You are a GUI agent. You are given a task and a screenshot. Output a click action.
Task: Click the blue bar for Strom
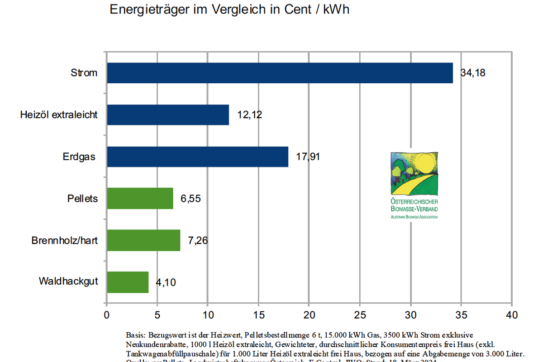280,73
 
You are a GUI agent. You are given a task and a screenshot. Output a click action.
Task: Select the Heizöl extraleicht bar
168,115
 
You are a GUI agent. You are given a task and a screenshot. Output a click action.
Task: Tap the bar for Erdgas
197,157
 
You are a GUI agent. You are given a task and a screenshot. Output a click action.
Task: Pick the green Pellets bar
140,198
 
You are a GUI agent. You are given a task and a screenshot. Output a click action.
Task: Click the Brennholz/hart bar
143,240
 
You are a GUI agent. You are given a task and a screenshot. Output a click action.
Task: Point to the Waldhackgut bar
128,282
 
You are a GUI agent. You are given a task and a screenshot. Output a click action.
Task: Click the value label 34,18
473,73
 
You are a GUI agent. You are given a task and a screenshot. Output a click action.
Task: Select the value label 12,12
249,115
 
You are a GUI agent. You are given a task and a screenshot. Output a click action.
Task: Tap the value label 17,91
309,157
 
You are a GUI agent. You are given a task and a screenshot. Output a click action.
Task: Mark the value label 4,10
166,283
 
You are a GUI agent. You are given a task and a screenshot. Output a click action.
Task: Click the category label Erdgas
80,157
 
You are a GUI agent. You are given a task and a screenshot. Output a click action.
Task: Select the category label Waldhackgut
68,281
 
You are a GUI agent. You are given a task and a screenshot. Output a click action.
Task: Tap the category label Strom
84,73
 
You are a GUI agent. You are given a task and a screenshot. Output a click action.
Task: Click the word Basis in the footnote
134,335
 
